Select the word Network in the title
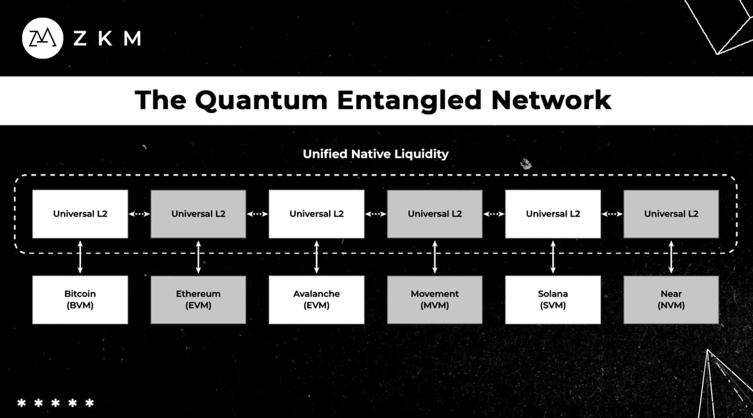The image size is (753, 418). [551, 100]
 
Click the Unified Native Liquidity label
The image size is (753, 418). [376, 154]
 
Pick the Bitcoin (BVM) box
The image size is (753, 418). [80, 300]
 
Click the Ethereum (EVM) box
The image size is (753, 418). [198, 300]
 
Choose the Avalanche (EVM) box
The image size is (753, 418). [317, 300]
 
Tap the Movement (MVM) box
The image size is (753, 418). [434, 300]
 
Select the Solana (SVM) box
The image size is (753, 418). [553, 300]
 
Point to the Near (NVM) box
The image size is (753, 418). [671, 300]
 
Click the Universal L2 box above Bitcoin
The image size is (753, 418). [80, 214]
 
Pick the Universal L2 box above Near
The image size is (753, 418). [671, 214]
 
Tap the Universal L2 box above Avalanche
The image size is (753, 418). [317, 214]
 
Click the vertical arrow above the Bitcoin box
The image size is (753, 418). [80, 256]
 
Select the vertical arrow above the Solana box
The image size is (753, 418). [553, 256]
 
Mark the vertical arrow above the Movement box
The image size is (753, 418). [435, 256]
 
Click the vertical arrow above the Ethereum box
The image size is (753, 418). [199, 256]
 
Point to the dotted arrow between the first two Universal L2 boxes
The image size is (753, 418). [139, 214]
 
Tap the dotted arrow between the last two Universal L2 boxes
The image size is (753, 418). [612, 214]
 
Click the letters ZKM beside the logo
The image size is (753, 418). [107, 38]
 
